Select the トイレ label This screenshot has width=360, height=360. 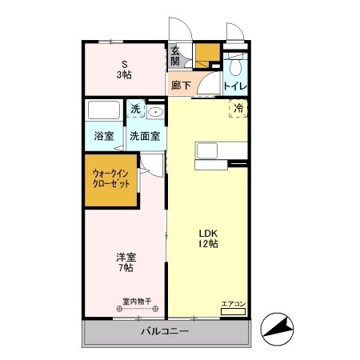(234, 86)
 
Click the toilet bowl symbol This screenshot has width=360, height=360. (234, 65)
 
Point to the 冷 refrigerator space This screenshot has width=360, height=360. (238, 107)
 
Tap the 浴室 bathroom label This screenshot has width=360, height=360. (104, 136)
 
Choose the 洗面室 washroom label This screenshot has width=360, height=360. (146, 136)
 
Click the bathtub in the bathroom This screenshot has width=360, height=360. (103, 110)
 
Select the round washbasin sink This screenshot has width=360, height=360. (155, 111)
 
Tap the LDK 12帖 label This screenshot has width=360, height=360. (208, 238)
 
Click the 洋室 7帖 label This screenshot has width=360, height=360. (126, 262)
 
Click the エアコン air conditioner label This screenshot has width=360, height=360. (233, 303)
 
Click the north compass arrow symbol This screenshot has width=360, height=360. (278, 327)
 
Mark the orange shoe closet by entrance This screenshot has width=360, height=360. (207, 53)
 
